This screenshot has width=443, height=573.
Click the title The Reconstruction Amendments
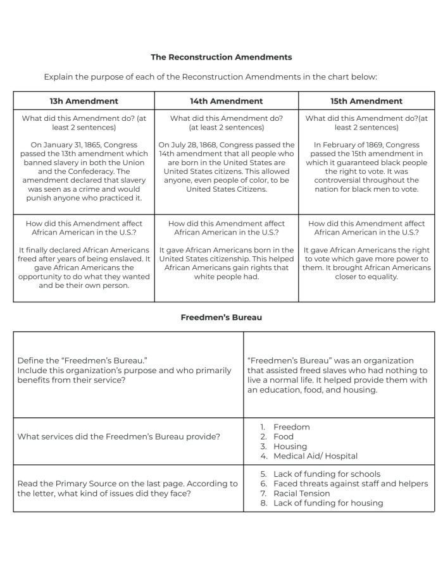pyautogui.click(x=221, y=57)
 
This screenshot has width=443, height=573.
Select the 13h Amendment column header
pyautogui.click(x=84, y=101)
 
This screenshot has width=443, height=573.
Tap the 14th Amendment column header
pyautogui.click(x=227, y=101)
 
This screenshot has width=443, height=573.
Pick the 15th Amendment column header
pyautogui.click(x=366, y=101)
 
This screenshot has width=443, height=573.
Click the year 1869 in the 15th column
pyautogui.click(x=365, y=145)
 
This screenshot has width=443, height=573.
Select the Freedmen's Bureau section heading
pyautogui.click(x=221, y=317)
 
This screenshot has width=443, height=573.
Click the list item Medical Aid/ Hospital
pyautogui.click(x=315, y=456)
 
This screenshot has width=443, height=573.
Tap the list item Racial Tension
pyautogui.click(x=301, y=493)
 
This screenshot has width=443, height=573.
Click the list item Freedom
pyautogui.click(x=291, y=427)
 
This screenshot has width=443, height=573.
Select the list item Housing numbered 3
pyautogui.click(x=290, y=447)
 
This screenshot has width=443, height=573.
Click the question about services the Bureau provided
pyautogui.click(x=119, y=436)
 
